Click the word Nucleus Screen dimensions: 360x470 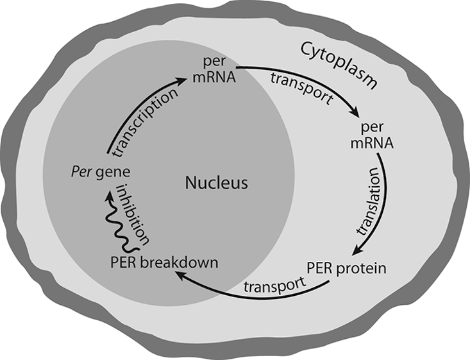coord(216,184)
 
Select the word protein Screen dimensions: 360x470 coord(365,268)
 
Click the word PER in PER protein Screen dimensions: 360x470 coord(319,268)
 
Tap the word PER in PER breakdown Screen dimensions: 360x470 coord(124,262)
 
